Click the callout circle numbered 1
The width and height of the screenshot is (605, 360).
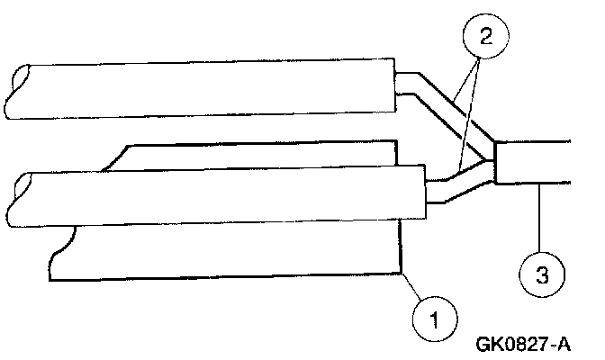coord(435,317)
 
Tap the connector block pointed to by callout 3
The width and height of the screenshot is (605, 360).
coord(533,162)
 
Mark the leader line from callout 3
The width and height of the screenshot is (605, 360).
coord(537,216)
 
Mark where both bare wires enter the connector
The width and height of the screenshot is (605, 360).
coord(494,162)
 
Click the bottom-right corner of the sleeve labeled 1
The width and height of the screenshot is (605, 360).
coord(400,272)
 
